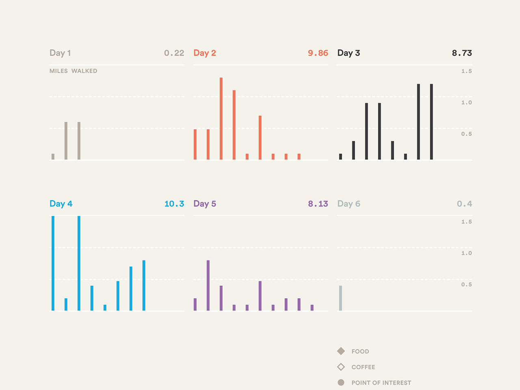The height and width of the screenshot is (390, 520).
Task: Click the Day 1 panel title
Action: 60,53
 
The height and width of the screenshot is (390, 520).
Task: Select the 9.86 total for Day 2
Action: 318,53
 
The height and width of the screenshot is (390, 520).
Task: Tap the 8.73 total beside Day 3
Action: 461,53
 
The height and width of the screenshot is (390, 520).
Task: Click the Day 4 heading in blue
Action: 61,204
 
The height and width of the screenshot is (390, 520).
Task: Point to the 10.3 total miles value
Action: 174,204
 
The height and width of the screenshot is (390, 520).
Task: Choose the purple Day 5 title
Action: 205,204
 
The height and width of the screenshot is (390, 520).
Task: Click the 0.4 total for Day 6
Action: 464,204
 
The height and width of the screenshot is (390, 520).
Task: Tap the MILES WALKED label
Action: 73,71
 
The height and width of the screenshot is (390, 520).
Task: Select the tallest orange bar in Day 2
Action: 221,118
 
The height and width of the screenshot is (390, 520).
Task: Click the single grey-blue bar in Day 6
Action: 340,298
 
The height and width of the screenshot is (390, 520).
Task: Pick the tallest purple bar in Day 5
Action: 208,285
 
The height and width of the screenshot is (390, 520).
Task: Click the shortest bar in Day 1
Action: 53,156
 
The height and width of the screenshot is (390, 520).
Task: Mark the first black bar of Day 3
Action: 340,156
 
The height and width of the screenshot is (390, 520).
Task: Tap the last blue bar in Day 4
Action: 144,285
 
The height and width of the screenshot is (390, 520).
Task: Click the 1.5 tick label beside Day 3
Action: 466,71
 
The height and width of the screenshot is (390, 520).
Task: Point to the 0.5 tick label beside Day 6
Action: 466,284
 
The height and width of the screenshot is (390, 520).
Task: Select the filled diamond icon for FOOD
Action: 341,351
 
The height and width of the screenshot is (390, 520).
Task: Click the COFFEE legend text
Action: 363,367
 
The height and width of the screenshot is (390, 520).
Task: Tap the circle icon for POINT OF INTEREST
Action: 341,382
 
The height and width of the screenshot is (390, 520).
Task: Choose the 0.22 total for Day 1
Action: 174,53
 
